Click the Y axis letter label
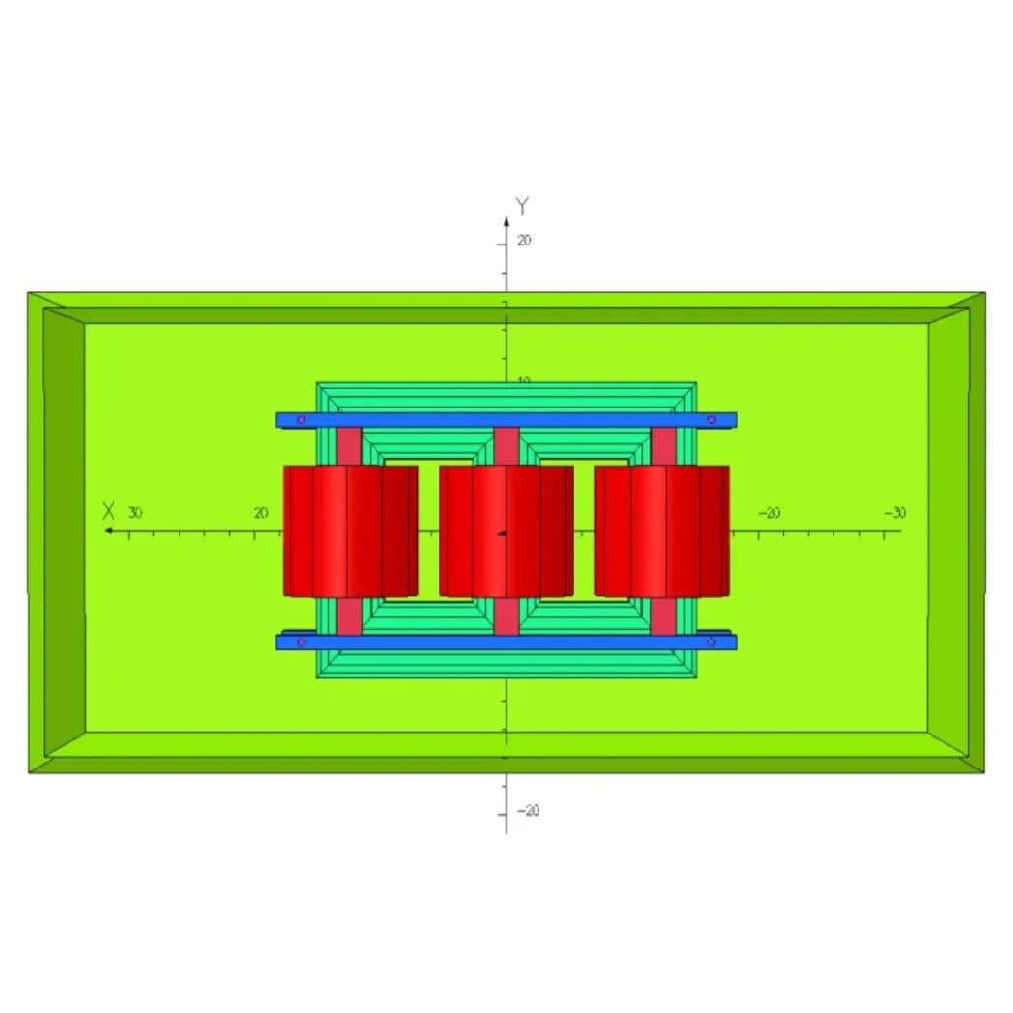(x=523, y=206)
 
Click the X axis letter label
(x=110, y=511)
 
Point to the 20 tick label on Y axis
(x=524, y=241)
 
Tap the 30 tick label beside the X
(x=135, y=512)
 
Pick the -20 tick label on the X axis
(x=768, y=513)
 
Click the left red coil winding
(x=350, y=531)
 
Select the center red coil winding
(x=506, y=531)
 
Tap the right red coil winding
(x=661, y=531)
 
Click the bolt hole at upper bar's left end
(x=301, y=420)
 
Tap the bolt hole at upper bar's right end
(x=711, y=420)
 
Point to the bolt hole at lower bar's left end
(x=301, y=642)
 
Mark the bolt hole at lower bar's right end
(x=711, y=642)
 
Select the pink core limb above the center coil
(x=506, y=445)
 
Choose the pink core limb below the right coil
(x=663, y=615)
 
